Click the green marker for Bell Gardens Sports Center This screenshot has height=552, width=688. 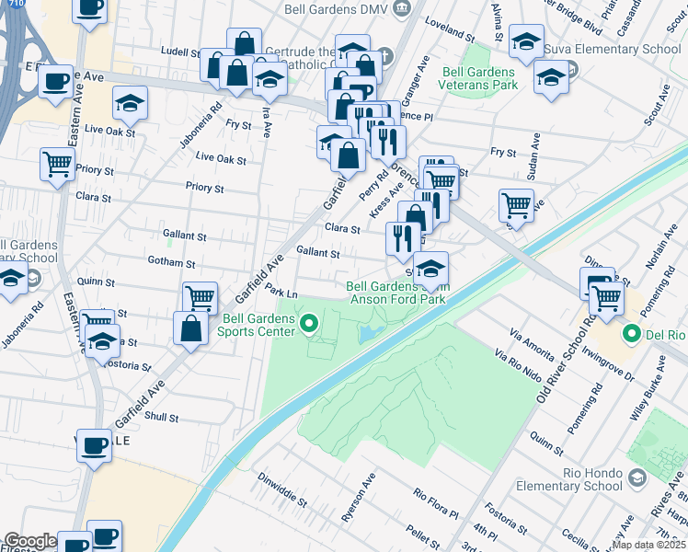(x=309, y=323)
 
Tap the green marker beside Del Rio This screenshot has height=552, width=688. (x=632, y=333)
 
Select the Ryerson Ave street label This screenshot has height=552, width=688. (x=359, y=500)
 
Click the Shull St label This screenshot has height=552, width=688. (x=161, y=417)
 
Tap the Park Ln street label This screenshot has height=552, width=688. (x=282, y=292)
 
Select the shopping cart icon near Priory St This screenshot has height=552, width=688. (x=57, y=167)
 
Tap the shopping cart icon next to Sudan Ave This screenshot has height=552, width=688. (x=516, y=204)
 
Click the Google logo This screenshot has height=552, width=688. (x=30, y=541)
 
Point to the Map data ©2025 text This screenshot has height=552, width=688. (x=648, y=545)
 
